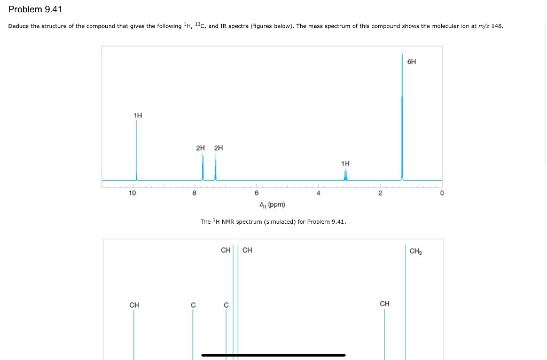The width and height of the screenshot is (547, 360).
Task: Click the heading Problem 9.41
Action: pos(35,10)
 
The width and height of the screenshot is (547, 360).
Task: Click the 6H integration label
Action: pos(411,62)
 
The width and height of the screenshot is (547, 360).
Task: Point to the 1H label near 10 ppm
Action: pos(138,115)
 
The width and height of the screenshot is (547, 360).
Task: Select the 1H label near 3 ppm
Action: pos(345,163)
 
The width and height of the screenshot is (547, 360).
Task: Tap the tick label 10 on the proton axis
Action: pos(132,193)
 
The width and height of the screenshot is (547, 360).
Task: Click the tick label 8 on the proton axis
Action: pos(194,193)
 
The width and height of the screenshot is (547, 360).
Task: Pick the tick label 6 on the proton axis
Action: pos(256,193)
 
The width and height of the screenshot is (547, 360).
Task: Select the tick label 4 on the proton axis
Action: pos(318,193)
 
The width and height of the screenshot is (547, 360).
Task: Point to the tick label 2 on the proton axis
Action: pos(380,193)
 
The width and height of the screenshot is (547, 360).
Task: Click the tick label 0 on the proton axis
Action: pos(442,193)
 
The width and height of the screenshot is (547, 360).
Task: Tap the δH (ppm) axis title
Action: pos(272,205)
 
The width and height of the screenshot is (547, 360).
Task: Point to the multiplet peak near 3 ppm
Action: pos(346,175)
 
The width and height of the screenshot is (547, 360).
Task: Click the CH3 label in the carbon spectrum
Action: pos(416,251)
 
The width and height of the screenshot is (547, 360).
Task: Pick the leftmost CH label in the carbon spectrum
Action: pos(134,304)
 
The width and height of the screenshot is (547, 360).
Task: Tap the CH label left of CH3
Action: pos(385,303)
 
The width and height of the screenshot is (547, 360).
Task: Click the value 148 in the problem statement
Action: pos(497,26)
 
